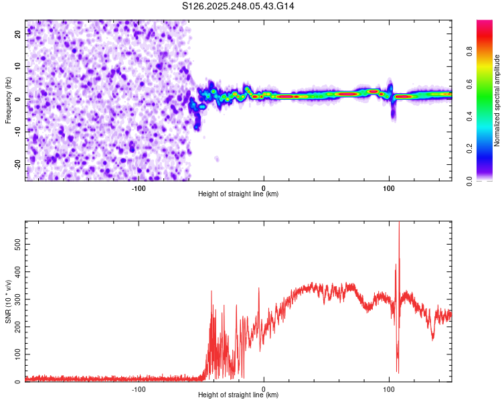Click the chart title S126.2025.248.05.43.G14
point(239,6)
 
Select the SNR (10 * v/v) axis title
point(8,301)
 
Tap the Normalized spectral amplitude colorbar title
point(497,100)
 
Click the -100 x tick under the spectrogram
point(139,188)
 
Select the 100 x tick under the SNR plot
point(388,389)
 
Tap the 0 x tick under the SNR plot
point(264,389)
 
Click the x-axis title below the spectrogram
point(238,194)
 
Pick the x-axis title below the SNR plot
point(238,395)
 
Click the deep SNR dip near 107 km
point(398,370)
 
